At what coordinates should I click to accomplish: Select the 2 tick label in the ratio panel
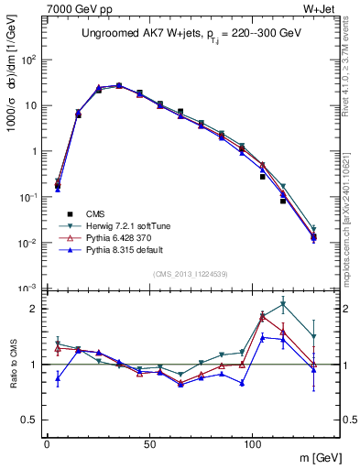click(x=34, y=309)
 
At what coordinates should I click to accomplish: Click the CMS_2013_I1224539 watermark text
click(x=190, y=272)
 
